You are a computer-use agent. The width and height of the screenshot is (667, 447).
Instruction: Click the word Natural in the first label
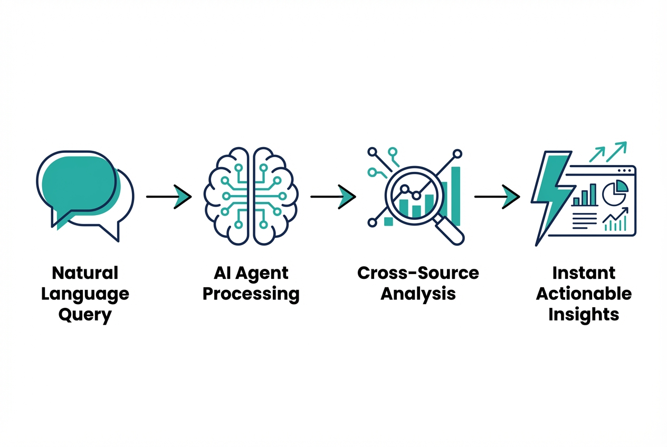coord(85,273)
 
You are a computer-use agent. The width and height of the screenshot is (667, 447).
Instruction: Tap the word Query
coord(85,315)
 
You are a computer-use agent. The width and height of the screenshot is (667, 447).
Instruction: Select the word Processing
coord(251,294)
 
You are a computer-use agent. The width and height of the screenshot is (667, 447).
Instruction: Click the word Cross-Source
coord(418,273)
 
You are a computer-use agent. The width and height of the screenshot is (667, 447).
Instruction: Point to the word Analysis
coord(418,294)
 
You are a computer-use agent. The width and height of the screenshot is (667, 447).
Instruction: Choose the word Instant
coord(584,273)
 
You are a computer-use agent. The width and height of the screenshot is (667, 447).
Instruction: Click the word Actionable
coord(584,294)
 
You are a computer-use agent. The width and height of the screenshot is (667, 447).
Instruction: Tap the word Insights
coord(584,315)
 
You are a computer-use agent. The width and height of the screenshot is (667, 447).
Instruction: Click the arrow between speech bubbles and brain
coord(168,197)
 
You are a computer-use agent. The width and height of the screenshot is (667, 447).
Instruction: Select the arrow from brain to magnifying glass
coord(333,197)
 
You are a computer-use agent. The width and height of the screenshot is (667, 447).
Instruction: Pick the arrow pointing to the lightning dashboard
coord(497,197)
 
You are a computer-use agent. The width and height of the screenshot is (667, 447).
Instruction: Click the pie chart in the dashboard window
coord(615,192)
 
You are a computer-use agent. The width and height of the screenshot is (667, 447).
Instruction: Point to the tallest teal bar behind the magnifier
coord(455,196)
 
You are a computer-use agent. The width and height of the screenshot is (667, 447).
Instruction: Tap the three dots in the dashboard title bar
coord(624,170)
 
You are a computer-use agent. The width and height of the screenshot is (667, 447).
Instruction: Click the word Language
coord(85,294)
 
